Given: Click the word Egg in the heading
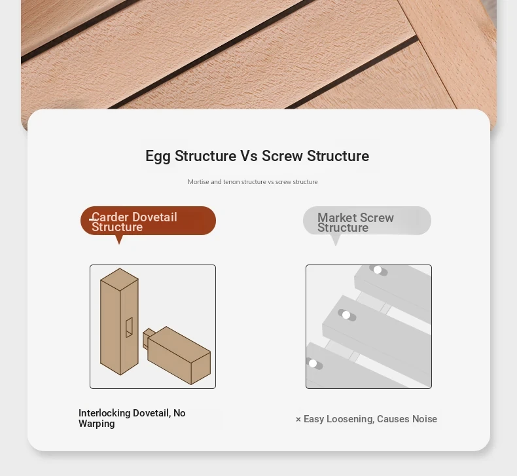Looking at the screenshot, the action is tap(158, 156).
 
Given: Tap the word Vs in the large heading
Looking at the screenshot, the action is tap(249, 156).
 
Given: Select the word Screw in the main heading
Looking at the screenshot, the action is tap(282, 156).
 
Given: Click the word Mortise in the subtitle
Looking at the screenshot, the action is tap(198, 182).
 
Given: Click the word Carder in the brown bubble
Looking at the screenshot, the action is tap(110, 217).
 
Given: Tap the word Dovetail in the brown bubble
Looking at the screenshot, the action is tap(155, 217).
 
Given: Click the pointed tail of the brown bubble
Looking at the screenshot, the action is tap(119, 243).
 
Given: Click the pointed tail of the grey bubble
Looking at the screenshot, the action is tap(335, 244).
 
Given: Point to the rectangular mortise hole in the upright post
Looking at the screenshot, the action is tap(129, 327).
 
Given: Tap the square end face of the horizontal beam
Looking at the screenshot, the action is tap(200, 368).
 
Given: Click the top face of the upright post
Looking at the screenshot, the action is tap(119, 279).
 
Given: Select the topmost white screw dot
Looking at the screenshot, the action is tap(378, 270).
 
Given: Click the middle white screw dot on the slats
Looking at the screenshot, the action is tap(346, 315).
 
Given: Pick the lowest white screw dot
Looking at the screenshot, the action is tap(313, 363).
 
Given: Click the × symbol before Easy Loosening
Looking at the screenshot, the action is tap(298, 419).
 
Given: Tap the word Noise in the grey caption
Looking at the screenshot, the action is tap(425, 419).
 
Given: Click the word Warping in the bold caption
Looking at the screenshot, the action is tap(97, 424).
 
